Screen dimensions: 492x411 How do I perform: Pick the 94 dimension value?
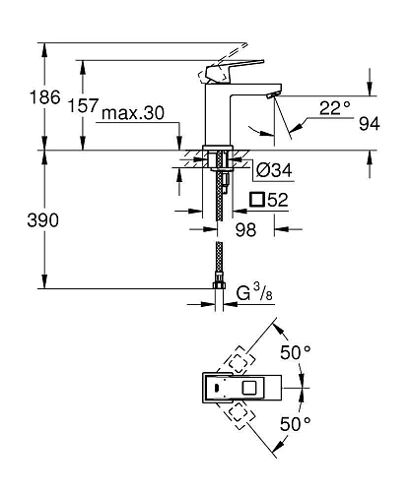tap(370, 123)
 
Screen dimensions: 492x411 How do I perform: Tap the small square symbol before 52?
tap(257, 201)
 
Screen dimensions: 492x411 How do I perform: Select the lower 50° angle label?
tap(296, 424)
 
